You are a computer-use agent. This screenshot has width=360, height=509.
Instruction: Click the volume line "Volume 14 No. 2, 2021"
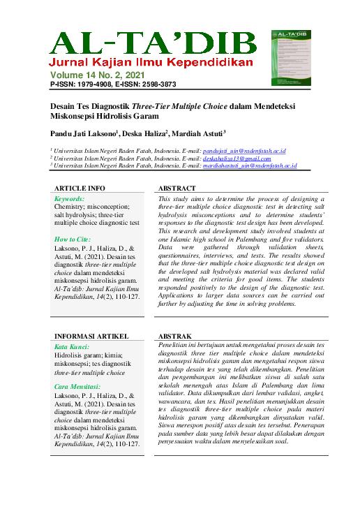pos(106,74)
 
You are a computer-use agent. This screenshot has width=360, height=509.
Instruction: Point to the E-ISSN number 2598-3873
pos(158,83)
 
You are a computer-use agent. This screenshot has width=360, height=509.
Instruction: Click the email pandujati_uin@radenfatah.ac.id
pos(244,151)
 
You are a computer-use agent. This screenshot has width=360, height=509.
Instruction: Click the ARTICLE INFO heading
pos(80,189)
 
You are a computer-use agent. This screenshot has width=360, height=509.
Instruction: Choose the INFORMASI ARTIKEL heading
pos(91,335)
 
